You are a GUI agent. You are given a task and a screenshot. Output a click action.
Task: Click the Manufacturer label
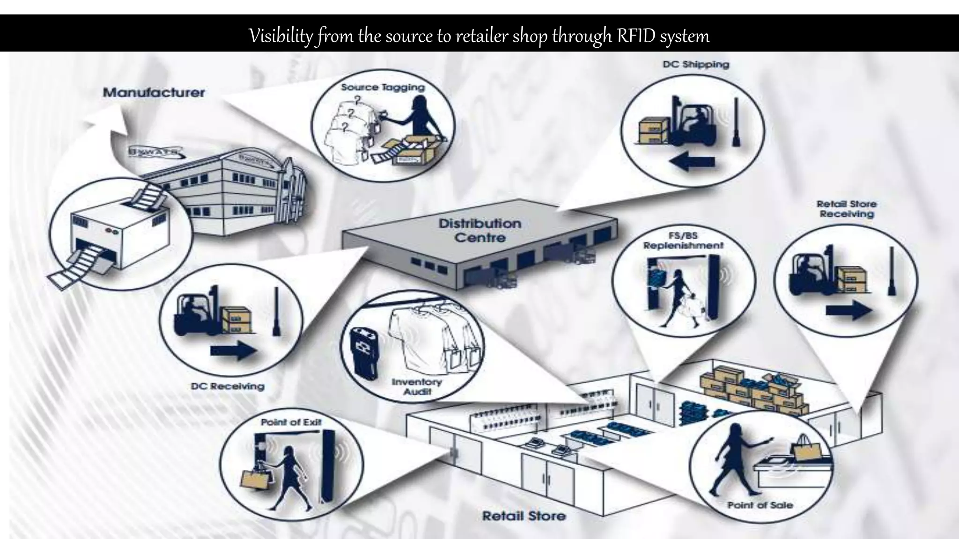[154, 92]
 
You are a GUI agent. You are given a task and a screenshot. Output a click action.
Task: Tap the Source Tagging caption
[383, 87]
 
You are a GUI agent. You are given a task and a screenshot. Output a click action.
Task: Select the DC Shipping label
[696, 64]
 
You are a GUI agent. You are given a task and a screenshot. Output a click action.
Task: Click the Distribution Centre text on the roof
[479, 230]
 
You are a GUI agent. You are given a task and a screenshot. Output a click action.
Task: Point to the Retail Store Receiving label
[846, 209]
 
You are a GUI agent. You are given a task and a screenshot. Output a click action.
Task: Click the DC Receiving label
[228, 386]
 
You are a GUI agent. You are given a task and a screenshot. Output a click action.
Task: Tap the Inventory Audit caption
[416, 386]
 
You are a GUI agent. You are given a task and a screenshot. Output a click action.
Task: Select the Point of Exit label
[291, 422]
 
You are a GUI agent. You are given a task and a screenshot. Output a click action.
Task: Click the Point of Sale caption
[760, 505]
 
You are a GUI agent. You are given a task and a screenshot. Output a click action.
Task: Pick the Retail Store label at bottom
[524, 516]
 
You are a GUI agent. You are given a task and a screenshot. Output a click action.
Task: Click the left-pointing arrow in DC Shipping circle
[692, 162]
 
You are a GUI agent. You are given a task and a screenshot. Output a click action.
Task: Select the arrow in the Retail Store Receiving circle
[848, 310]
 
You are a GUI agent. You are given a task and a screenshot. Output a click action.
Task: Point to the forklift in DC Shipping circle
[692, 124]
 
